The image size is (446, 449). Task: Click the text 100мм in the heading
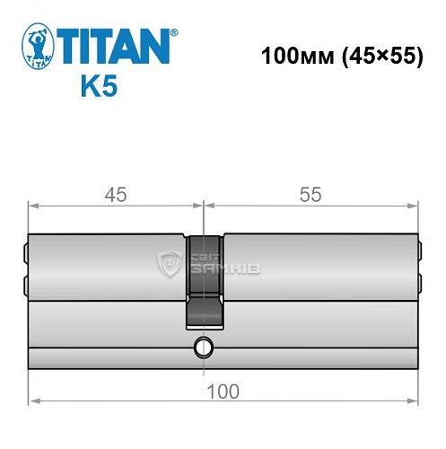[x=290, y=55]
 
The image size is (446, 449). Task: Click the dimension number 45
[x=113, y=195]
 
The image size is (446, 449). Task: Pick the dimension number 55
[x=310, y=195]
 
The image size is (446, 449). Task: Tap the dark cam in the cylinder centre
[x=205, y=278]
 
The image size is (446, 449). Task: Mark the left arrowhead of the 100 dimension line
[x=33, y=401]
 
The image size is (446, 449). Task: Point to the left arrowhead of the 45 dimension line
[x=33, y=206]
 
